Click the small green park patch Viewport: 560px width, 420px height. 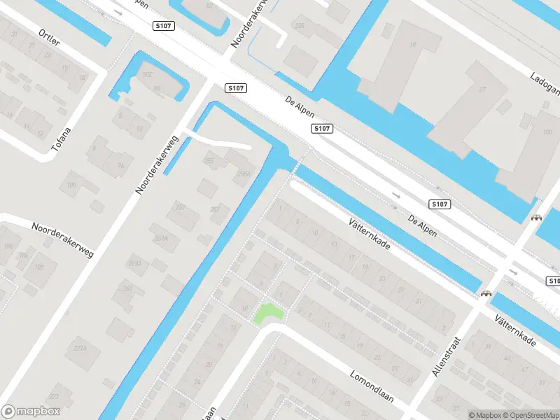point(268,313)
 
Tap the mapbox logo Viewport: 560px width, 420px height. point(30,412)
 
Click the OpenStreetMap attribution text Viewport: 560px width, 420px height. point(529,415)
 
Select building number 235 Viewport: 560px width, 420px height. point(300,26)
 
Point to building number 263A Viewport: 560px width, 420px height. point(134,263)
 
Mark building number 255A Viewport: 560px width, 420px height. point(243,174)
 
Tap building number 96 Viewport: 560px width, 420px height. point(121,165)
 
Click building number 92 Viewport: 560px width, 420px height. point(139,128)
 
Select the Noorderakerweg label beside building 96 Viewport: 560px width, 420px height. point(157,165)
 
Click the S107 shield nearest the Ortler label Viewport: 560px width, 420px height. point(163,25)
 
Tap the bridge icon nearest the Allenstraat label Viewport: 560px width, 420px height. point(484,294)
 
